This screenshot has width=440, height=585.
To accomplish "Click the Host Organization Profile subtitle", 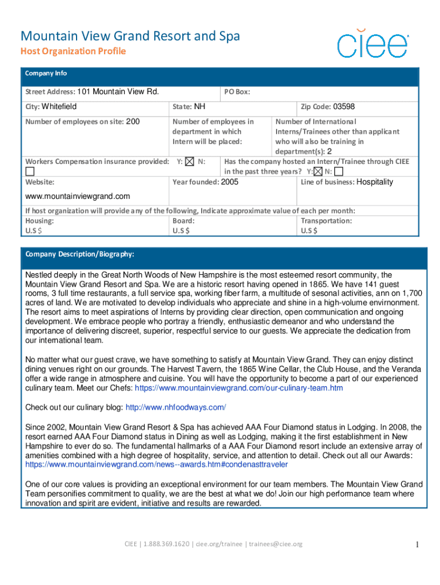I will [x=73, y=51].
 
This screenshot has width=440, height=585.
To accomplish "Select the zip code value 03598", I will [x=344, y=106].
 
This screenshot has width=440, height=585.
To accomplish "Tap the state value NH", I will [x=199, y=106].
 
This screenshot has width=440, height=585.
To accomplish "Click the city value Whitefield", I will [x=59, y=106].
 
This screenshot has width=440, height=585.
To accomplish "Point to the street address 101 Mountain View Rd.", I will [x=118, y=91].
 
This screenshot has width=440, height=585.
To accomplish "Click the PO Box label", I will [x=237, y=92].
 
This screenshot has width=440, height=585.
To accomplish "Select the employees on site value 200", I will [x=132, y=121].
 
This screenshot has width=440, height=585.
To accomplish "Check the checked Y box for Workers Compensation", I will [x=190, y=162].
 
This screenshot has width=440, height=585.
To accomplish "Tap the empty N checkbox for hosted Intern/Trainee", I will [x=339, y=171].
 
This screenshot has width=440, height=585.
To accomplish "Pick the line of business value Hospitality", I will [x=375, y=182].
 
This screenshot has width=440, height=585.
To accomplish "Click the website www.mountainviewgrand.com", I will [x=78, y=196].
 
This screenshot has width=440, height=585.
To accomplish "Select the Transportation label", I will [x=326, y=221].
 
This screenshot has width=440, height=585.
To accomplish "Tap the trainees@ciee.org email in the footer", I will [x=274, y=544].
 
